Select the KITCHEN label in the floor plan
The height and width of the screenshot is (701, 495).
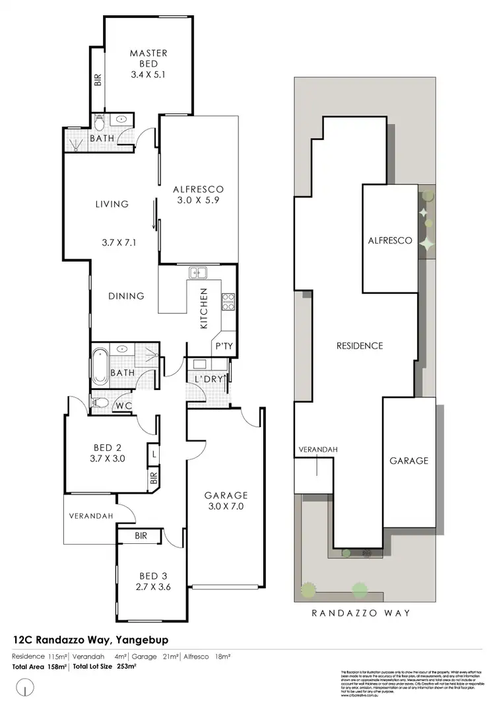204,308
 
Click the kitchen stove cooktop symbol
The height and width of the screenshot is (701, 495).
229,302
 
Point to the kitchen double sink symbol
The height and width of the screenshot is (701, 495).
198,272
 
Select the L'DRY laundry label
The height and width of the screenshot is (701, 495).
207,380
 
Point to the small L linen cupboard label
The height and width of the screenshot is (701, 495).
153,455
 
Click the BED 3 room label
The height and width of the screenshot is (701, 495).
150,576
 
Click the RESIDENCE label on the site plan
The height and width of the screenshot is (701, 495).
360,345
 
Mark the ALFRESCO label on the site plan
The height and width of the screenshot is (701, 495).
390,241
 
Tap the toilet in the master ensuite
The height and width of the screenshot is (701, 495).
100,122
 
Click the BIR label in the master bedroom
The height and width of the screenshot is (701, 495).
98,81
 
